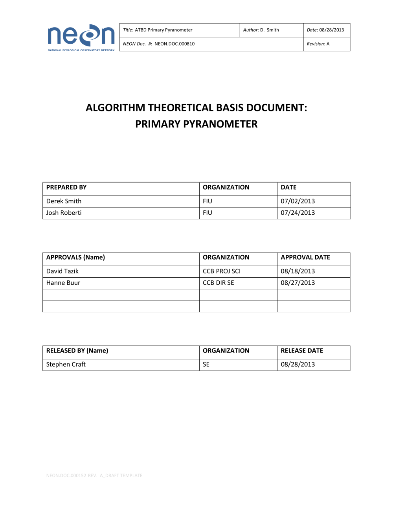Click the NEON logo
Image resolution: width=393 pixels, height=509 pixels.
pos(81,37)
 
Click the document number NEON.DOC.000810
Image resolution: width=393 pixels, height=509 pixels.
pos(174,44)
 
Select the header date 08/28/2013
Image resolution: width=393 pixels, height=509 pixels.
pos(331,30)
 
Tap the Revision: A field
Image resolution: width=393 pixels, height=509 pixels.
pos(318,44)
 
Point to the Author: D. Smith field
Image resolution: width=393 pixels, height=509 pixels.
pos(261,30)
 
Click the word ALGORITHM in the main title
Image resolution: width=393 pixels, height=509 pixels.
pos(116,108)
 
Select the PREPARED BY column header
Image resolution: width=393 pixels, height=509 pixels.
pos(66,188)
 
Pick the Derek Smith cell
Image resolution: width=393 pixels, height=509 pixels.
pos(64,201)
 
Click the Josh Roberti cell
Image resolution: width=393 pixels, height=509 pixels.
pos(64,213)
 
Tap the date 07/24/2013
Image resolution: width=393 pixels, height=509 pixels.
pos(298,213)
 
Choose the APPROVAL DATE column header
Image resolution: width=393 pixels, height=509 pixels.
pos(305,258)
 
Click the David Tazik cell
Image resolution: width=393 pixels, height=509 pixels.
pos(62,271)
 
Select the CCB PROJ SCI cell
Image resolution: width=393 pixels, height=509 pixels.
pos(222,271)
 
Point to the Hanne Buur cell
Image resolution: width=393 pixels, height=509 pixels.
pos(63,283)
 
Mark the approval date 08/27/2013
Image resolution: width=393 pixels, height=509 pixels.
pos(298,283)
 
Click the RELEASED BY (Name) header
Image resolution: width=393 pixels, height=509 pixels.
pos(77,351)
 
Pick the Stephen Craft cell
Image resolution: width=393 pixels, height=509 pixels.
pos(66,365)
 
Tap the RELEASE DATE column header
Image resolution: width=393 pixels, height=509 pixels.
pos(302,351)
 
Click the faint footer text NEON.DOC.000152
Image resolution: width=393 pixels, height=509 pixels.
pos(66,476)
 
